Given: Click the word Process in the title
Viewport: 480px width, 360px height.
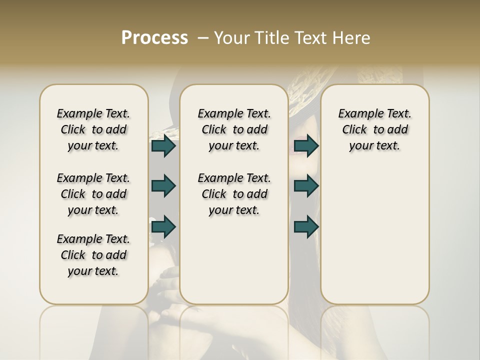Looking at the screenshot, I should (x=154, y=38).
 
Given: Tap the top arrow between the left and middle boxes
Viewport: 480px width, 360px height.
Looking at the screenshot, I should (x=163, y=146).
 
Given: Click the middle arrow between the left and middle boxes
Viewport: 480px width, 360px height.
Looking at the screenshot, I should (x=163, y=186).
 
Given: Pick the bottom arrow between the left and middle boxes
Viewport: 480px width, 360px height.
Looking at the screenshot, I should (x=163, y=227).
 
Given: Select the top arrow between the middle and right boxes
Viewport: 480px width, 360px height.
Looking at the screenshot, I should (x=306, y=146).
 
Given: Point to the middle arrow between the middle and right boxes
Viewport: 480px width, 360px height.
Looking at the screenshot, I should (x=306, y=186).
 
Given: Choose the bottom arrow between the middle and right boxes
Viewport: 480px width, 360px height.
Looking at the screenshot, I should (x=306, y=227).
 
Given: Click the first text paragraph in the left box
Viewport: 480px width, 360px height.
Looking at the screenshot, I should (x=93, y=129).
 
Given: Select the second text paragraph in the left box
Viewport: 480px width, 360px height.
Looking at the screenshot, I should (x=93, y=194).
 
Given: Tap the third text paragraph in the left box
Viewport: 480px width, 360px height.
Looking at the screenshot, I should (x=93, y=255).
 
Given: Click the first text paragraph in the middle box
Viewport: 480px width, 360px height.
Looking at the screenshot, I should (x=234, y=129).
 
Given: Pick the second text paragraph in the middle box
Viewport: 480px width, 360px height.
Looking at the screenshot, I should (x=234, y=194).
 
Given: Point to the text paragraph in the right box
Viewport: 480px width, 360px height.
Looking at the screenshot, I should (x=374, y=129).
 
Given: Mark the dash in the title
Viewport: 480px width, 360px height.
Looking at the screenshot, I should (x=203, y=38).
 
